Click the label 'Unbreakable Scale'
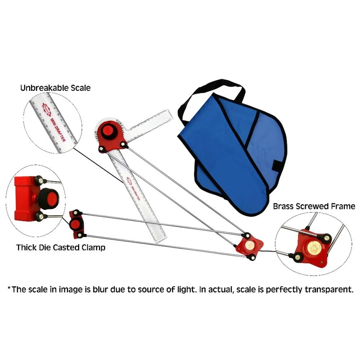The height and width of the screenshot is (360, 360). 55,88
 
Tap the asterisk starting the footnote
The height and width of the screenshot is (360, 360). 9,288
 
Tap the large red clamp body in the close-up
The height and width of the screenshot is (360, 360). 25,198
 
